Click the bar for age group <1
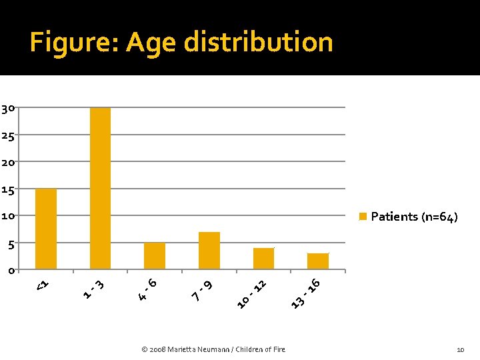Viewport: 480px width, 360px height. pos(46,229)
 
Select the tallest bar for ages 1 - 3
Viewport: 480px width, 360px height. pos(100,188)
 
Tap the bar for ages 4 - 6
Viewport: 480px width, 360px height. pos(155,256)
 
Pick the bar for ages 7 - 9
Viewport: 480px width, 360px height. pos(209,251)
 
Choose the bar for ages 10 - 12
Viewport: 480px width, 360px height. pos(263,259)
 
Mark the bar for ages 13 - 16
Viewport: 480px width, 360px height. pos(318,261)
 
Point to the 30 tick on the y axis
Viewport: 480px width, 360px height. pos(8,109)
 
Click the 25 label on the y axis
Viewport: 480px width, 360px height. pos(8,135)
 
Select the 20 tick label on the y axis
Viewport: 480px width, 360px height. pos(8,163)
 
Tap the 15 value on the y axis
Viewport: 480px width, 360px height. pos(8,190)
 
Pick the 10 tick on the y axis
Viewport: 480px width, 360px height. pos(8,216)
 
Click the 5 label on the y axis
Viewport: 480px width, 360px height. pos(11,245)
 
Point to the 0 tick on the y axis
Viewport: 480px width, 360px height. pos(11,271)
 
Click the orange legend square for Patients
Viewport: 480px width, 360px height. pos(363,216)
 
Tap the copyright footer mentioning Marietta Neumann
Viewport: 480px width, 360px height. pos(213,349)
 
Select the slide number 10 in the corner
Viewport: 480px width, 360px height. pos(460,349)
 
